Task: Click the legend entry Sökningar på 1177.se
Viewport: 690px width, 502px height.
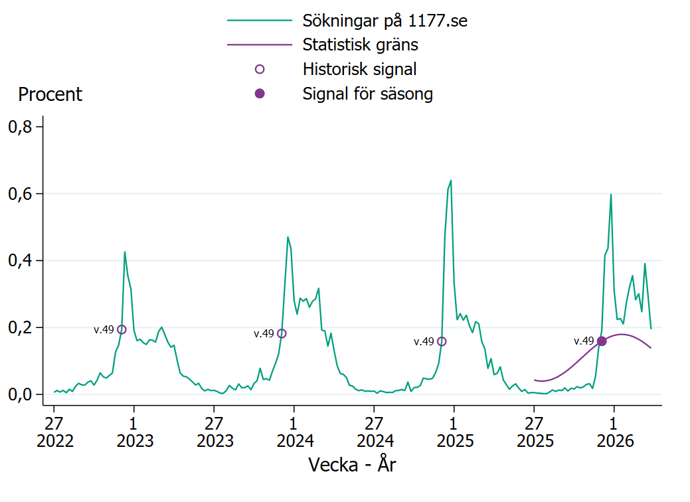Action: tap(385, 21)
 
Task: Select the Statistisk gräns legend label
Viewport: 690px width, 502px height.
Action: tap(360, 45)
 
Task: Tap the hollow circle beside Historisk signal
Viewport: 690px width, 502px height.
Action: tap(260, 69)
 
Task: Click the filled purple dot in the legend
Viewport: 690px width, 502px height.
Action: tap(260, 94)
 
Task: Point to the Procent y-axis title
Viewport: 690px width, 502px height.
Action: tap(50, 94)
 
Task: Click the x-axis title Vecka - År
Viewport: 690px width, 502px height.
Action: tap(352, 464)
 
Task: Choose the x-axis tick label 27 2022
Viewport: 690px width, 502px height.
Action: tap(54, 432)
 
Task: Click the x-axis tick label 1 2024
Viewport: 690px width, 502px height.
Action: tap(294, 432)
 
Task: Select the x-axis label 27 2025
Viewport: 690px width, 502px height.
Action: tap(534, 432)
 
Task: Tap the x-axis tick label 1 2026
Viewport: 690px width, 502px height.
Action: tap(614, 432)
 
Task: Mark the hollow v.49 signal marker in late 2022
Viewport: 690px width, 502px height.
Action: tap(122, 329)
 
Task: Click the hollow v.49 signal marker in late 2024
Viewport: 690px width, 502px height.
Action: tap(442, 341)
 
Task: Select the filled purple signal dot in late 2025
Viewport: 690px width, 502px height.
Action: tap(602, 341)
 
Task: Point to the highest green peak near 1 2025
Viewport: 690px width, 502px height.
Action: tap(451, 181)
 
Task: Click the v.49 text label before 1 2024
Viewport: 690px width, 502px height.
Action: tap(264, 334)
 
